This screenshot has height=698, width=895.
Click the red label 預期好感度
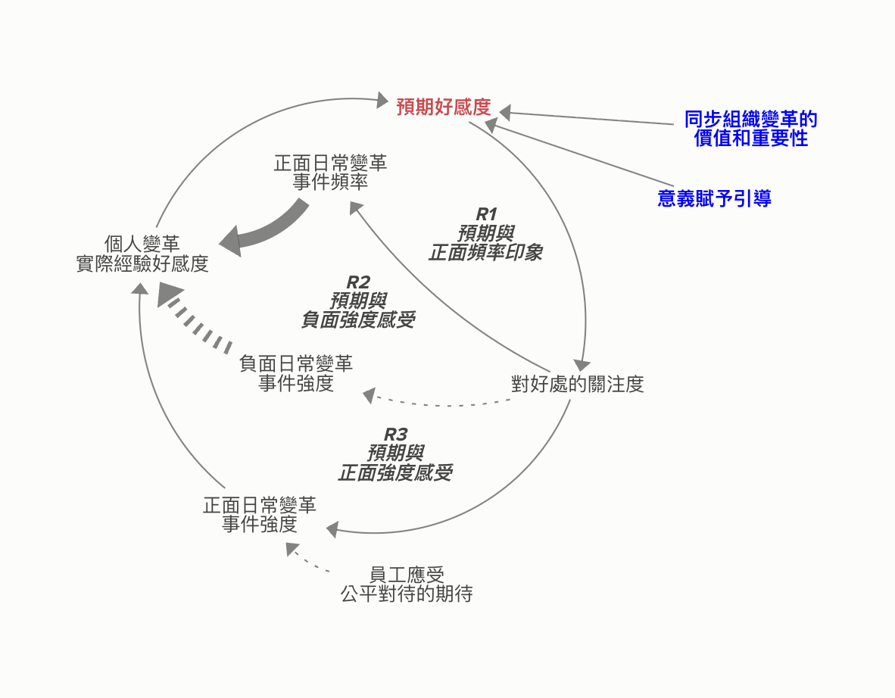tap(444, 107)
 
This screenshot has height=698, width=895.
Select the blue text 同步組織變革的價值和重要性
tap(750, 129)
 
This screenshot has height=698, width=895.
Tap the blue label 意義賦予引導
tap(714, 198)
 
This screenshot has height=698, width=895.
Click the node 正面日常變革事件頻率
tap(330, 173)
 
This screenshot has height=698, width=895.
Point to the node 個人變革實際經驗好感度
tap(142, 254)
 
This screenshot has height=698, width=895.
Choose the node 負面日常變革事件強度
tap(295, 374)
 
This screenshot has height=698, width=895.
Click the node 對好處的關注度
tap(578, 384)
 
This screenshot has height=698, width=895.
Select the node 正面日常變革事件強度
tap(260, 515)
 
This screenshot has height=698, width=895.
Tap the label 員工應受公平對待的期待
tap(407, 584)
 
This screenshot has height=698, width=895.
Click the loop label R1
tap(486, 214)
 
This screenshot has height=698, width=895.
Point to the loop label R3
tap(395, 435)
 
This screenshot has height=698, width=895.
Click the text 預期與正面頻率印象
tap(486, 244)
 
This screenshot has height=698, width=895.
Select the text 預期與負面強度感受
tap(357, 310)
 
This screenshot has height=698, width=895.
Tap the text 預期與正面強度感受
tap(395, 463)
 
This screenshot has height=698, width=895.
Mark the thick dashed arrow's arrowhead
tap(168, 294)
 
